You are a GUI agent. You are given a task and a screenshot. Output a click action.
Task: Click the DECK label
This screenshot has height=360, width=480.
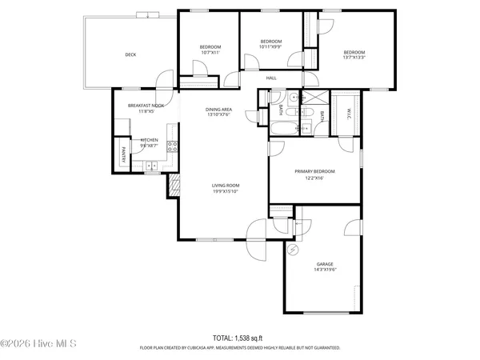click(130, 54)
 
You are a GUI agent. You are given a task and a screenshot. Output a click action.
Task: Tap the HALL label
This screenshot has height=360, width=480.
click(271, 78)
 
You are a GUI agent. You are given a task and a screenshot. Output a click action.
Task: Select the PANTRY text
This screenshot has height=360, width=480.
click(123, 154)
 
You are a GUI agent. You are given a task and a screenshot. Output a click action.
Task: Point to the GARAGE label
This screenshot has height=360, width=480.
click(324, 264)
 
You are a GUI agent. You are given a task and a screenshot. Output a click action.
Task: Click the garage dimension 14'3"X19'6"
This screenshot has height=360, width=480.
click(324, 270)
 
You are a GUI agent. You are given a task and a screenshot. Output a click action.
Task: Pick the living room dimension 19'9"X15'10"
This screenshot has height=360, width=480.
click(226, 191)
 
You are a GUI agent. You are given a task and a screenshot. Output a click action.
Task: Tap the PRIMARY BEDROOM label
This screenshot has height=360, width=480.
click(314, 171)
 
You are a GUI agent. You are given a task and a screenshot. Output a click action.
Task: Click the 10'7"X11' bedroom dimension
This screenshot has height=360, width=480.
click(210, 52)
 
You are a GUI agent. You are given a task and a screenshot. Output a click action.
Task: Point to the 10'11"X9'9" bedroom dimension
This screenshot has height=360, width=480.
click(271, 46)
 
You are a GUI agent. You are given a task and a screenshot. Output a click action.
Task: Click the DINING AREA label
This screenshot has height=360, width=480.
click(218, 109)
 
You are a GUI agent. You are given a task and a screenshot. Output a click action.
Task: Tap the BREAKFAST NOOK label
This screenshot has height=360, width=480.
click(146, 106)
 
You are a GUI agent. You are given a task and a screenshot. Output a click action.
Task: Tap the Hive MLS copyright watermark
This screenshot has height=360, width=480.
click(38, 345)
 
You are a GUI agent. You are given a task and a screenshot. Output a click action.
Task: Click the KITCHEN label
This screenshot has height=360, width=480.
click(150, 140)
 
